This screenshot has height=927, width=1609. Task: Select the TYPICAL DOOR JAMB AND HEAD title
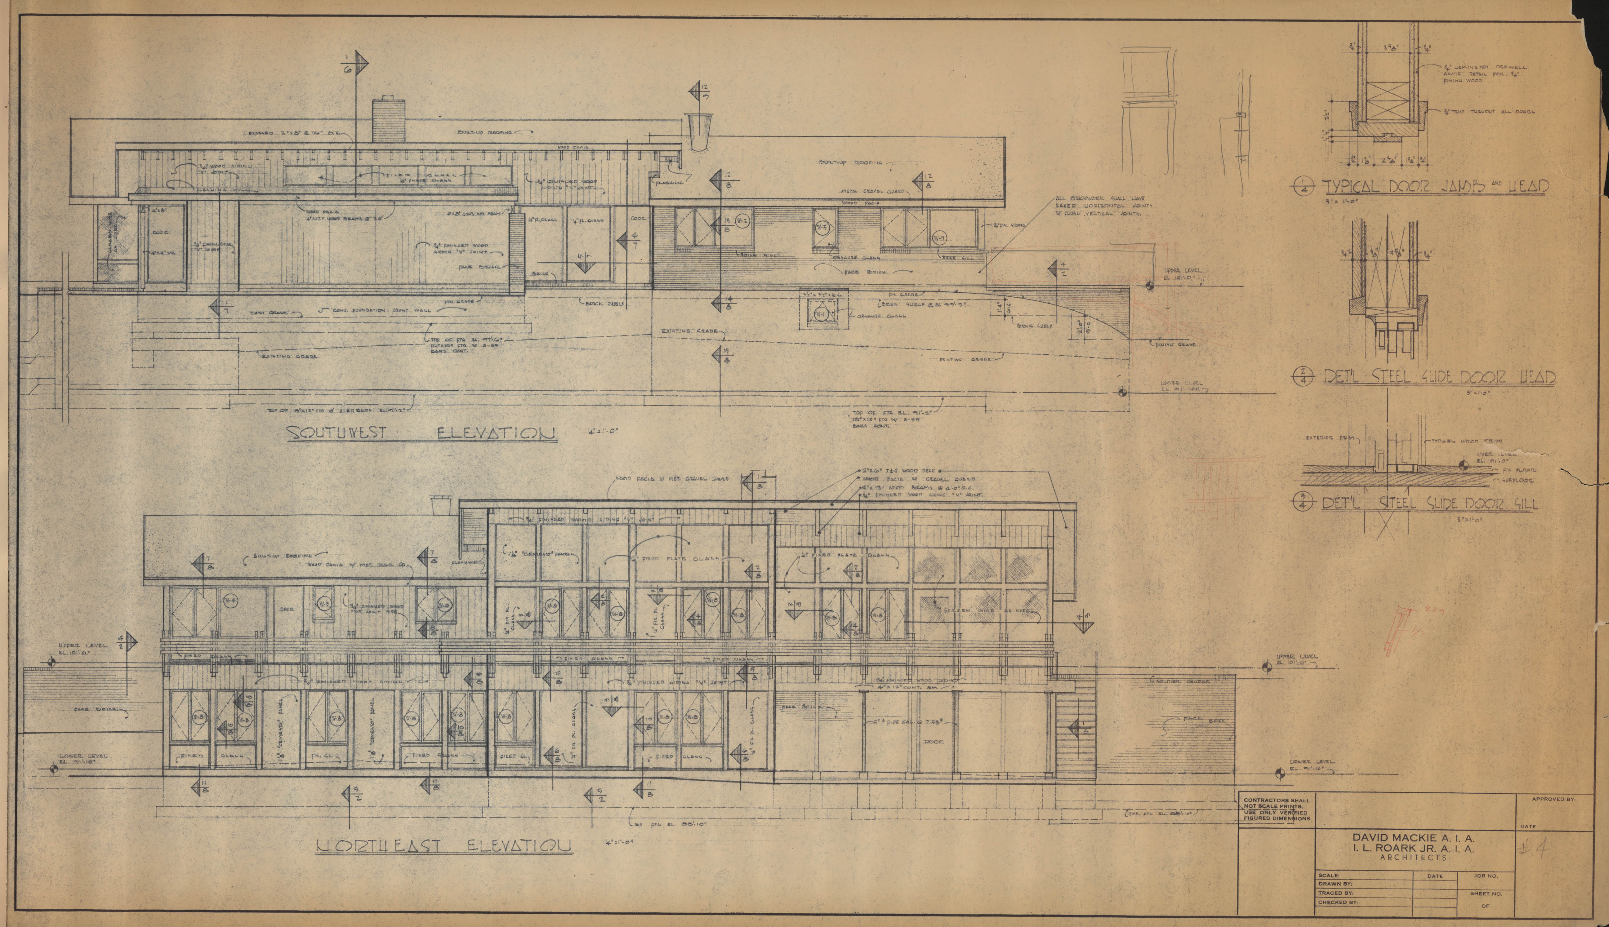[x=1435, y=187]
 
